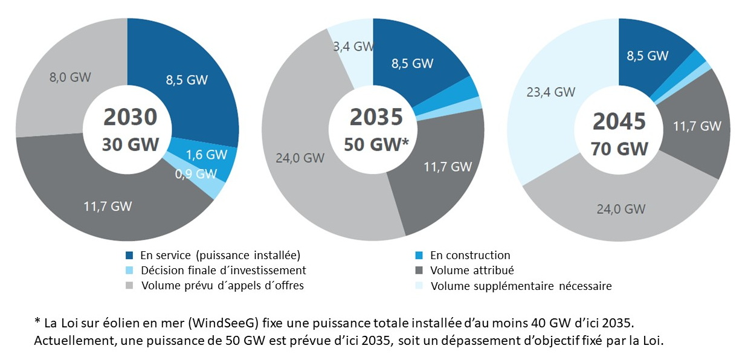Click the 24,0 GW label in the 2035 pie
[x=300, y=158]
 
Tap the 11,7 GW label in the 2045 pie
[x=697, y=126]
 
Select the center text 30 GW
[x=131, y=144]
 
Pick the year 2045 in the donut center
[x=619, y=122]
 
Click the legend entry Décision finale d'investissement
[x=223, y=271]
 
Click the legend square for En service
[x=129, y=256]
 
